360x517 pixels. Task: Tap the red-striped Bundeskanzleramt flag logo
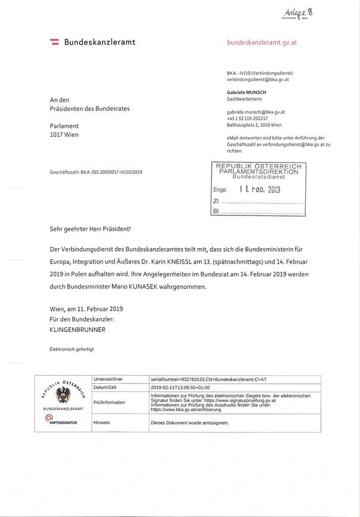point(54,42)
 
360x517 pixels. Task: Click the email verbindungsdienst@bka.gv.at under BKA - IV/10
point(258,79)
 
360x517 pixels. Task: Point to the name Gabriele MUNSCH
point(246,93)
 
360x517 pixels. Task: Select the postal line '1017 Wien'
point(64,134)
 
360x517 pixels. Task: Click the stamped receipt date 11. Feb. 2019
point(259,190)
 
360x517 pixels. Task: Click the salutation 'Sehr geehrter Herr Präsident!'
point(90,229)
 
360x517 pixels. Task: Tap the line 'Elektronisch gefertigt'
point(71,349)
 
